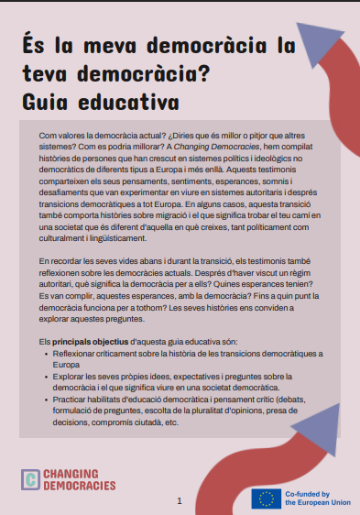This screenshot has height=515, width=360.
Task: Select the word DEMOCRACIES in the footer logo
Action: pos(81,487)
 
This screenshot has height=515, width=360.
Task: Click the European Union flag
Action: pos(266,499)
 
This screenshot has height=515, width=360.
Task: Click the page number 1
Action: pos(180,501)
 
